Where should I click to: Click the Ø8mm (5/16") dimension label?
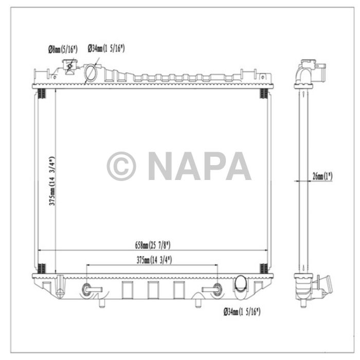pyautogui.click(x=62, y=49)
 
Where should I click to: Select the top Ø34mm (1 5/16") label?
pyautogui.click(x=106, y=48)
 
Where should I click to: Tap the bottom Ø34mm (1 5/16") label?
pyautogui.click(x=242, y=312)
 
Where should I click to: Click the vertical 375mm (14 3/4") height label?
pyautogui.click(x=51, y=181)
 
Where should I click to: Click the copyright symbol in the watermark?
pyautogui.click(x=121, y=166)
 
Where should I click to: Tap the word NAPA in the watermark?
pyautogui.click(x=200, y=166)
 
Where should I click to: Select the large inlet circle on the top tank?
pyautogui.click(x=91, y=74)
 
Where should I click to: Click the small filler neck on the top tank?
pyautogui.click(x=69, y=67)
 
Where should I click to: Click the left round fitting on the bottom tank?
pyautogui.click(x=86, y=289)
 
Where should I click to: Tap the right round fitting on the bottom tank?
pyautogui.click(x=218, y=289)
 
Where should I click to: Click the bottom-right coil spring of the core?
pyautogui.click(x=264, y=268)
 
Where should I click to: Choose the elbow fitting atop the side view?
pyautogui.click(x=309, y=70)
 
